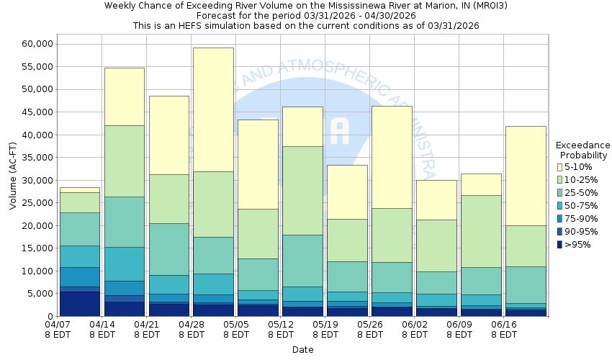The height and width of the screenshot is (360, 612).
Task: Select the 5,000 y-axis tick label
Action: [x=40, y=294]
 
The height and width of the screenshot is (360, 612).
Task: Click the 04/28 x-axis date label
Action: [x=192, y=325]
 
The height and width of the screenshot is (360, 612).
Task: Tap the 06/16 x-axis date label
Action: [x=503, y=325]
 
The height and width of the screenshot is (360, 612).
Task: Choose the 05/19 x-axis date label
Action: [x=325, y=325]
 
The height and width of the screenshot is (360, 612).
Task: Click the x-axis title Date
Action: [x=302, y=350]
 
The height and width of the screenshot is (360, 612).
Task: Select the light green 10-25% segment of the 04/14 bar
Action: [x=125, y=161]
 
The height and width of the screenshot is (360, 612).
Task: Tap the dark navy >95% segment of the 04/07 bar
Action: [x=80, y=303]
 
